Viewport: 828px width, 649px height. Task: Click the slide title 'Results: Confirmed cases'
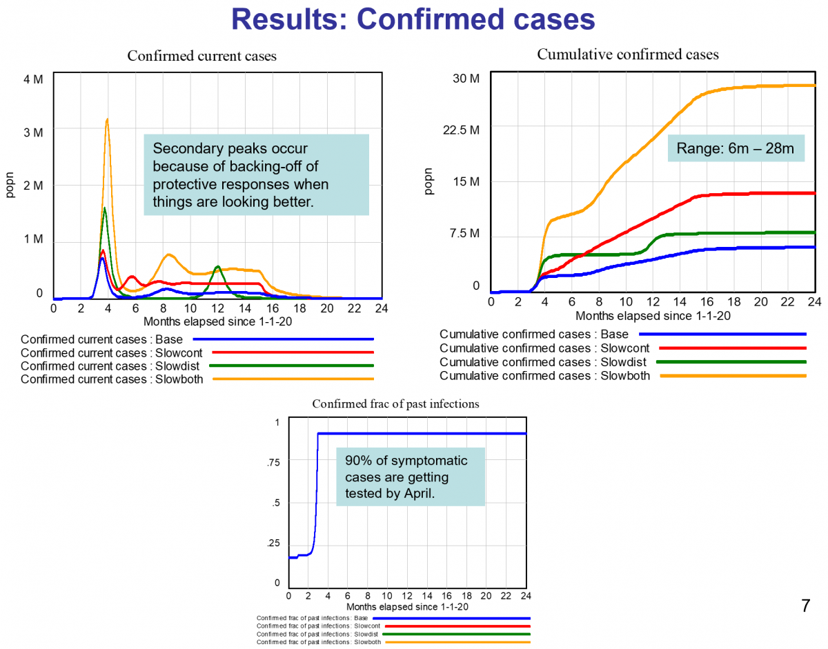coord(413,19)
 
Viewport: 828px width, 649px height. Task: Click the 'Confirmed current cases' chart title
coord(201,57)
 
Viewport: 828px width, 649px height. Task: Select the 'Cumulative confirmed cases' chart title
coord(627,54)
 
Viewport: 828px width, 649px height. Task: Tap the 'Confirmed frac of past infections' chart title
coord(395,404)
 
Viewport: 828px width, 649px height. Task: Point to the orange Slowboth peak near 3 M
coord(107,120)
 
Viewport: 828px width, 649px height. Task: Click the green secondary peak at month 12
coord(217,266)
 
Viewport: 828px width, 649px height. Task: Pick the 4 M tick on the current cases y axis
coord(33,79)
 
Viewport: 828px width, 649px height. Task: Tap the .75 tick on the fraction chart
coord(274,463)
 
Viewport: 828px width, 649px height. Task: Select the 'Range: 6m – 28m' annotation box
coord(736,148)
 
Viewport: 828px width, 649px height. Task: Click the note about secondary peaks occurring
coord(255,175)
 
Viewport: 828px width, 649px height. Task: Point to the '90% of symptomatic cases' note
coord(410,477)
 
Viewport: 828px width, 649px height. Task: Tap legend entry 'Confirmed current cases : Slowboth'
coord(112,379)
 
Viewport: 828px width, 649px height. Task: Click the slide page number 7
coord(805,607)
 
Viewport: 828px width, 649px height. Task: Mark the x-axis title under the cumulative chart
coord(653,315)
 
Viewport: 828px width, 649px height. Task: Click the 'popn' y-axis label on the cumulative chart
coord(429,182)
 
